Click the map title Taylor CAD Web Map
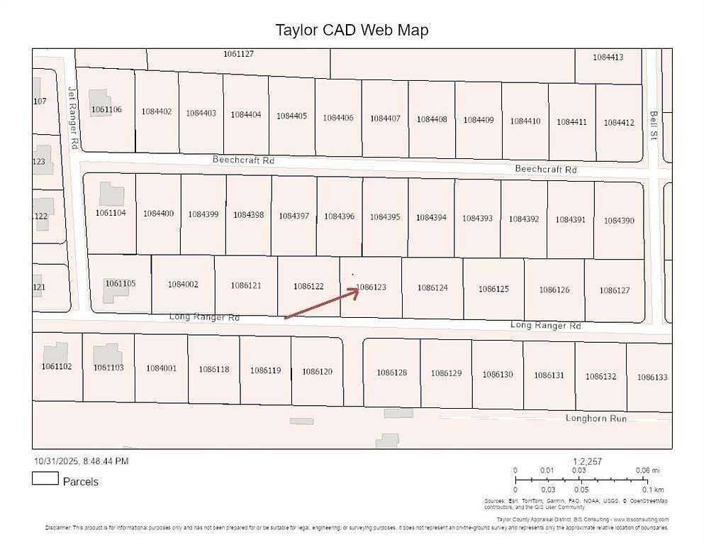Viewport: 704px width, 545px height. (352, 30)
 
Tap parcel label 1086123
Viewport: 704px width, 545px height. (371, 287)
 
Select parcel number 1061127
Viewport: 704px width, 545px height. (238, 54)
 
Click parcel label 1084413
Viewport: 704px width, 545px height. (608, 57)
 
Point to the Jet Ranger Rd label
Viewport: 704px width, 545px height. (72, 117)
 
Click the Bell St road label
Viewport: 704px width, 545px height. (654, 124)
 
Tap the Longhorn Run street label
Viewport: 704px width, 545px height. (596, 418)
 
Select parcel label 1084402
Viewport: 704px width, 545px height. (157, 111)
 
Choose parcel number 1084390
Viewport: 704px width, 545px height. (619, 221)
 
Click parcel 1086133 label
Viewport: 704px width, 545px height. (652, 378)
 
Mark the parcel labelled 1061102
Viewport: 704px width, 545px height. (57, 366)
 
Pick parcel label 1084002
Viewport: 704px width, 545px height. (183, 284)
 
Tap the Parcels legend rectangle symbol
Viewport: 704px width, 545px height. (45, 479)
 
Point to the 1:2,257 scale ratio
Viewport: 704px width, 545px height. (587, 461)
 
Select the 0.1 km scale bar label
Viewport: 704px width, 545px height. (653, 490)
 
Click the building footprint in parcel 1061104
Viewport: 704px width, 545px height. (111, 194)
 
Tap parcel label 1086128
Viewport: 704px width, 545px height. (391, 373)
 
